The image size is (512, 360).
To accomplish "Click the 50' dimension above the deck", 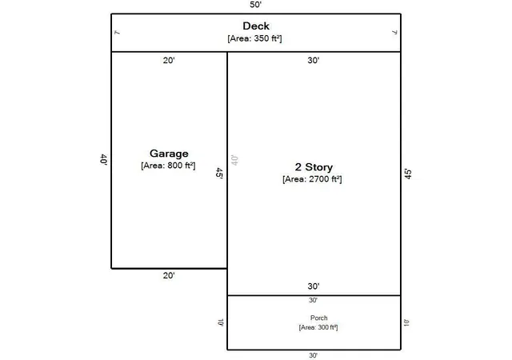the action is click(256, 5).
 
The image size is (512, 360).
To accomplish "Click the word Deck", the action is click(256, 26).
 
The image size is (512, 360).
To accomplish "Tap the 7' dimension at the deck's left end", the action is click(118, 32).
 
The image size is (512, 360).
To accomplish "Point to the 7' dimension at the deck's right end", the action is click(394, 32).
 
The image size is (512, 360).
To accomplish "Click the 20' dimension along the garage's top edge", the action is click(169, 61).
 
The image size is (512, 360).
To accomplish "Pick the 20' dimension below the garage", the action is click(169, 275).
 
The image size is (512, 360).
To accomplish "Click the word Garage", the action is click(169, 154).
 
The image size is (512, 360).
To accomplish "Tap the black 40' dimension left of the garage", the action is click(104, 160).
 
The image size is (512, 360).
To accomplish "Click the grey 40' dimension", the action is click(234, 160).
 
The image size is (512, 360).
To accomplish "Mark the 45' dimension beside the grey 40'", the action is click(219, 173).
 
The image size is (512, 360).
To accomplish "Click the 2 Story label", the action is click(314, 167).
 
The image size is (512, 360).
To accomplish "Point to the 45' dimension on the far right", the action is click(408, 174).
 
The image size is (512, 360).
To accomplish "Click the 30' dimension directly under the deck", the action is click(314, 61).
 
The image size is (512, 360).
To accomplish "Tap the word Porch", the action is click(318, 318).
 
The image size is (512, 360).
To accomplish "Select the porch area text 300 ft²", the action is click(327, 327).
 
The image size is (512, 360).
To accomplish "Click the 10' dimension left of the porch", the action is click(221, 322).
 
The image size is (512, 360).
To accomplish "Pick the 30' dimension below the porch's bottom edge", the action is click(313, 355).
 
